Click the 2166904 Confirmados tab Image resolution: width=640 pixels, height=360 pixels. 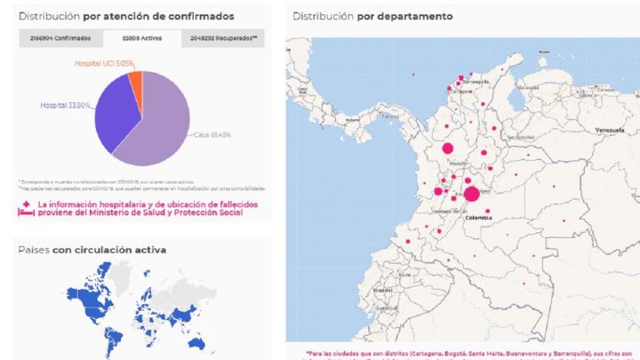60,38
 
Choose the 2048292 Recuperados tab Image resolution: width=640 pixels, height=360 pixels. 224,38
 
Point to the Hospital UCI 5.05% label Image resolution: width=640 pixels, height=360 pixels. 104,63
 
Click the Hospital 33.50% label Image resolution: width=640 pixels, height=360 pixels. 65,105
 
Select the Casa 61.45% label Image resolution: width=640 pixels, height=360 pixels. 213,135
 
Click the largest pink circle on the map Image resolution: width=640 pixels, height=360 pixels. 471,194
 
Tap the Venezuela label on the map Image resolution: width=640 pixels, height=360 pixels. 611,130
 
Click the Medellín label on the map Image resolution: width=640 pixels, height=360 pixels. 458,164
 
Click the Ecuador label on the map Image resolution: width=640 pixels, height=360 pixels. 384,290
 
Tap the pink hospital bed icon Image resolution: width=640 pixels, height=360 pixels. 26,212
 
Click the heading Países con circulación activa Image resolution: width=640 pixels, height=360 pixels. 92,250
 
